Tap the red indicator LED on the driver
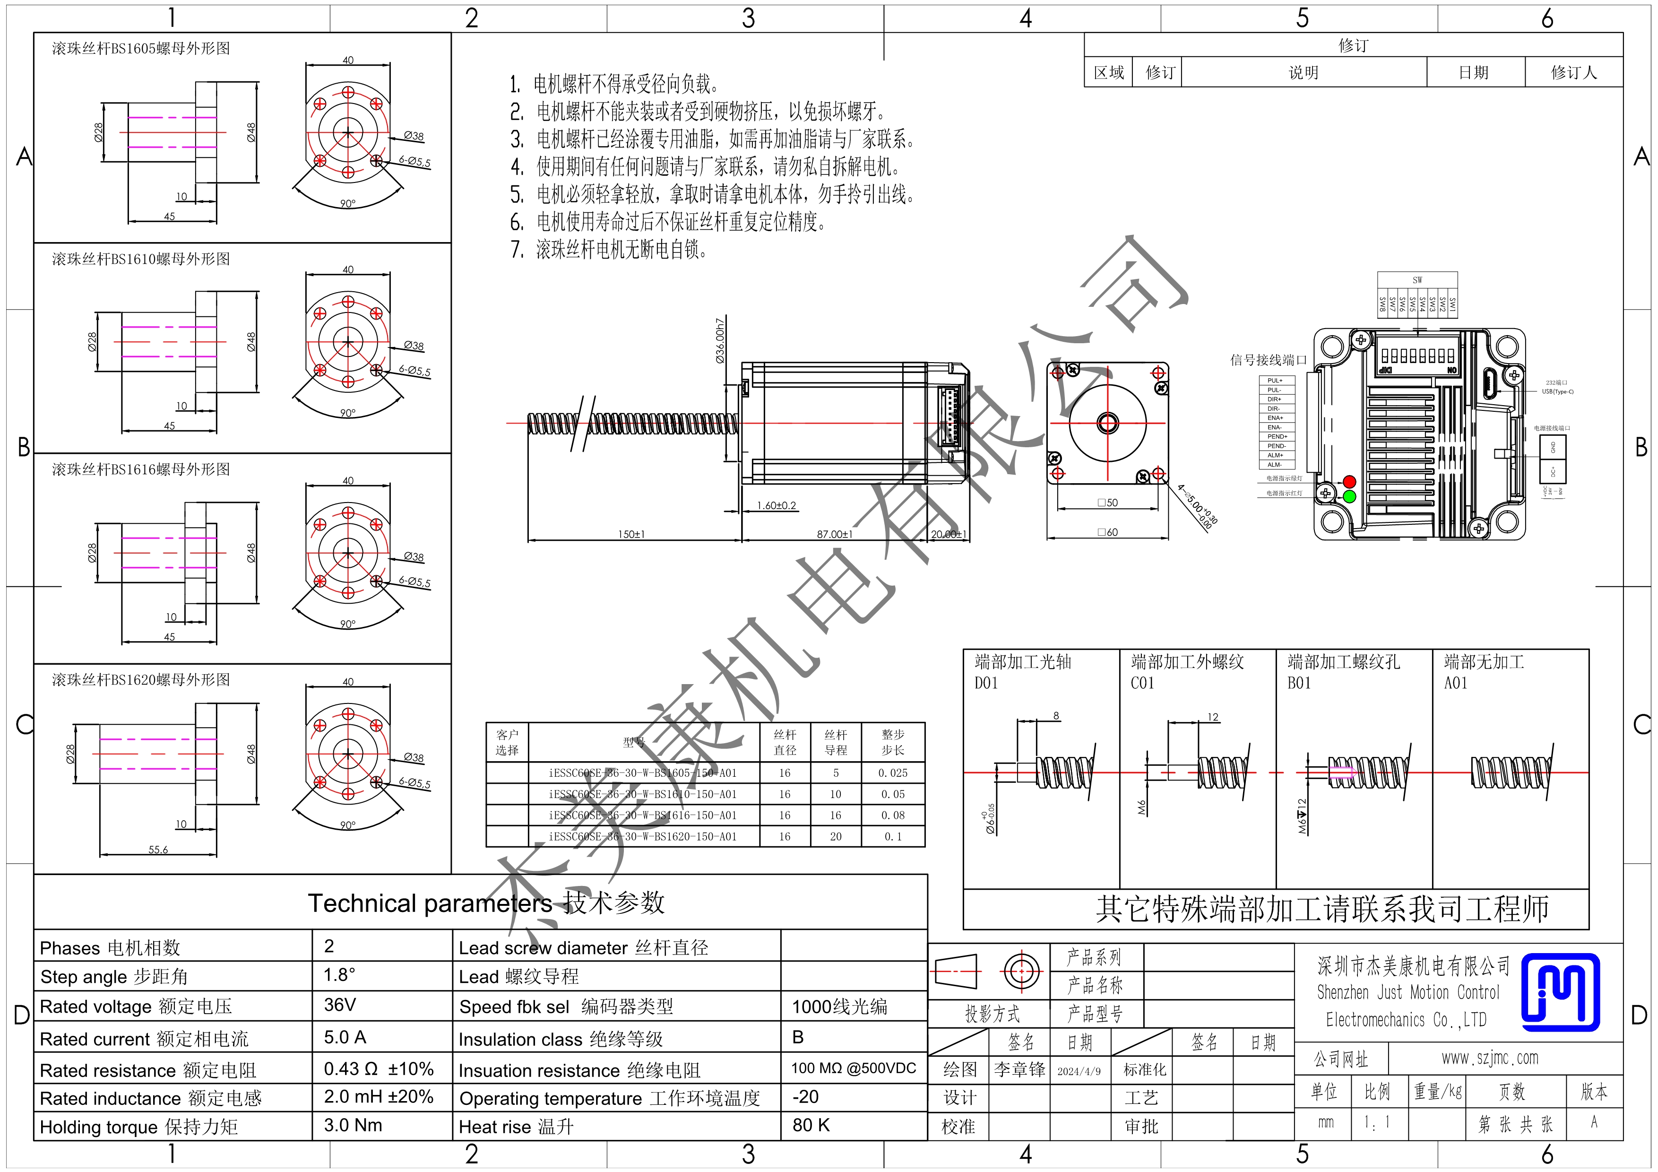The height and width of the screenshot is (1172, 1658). (1349, 482)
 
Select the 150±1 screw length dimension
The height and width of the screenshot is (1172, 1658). (631, 534)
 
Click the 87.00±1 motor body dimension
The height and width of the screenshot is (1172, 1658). (835, 534)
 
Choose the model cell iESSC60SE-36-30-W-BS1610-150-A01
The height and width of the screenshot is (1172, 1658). (643, 794)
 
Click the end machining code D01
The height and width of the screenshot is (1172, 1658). (986, 683)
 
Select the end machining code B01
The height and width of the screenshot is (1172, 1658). (1299, 683)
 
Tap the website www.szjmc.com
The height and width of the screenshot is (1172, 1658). (1490, 1058)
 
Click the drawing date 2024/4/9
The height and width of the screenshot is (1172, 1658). (1079, 1071)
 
